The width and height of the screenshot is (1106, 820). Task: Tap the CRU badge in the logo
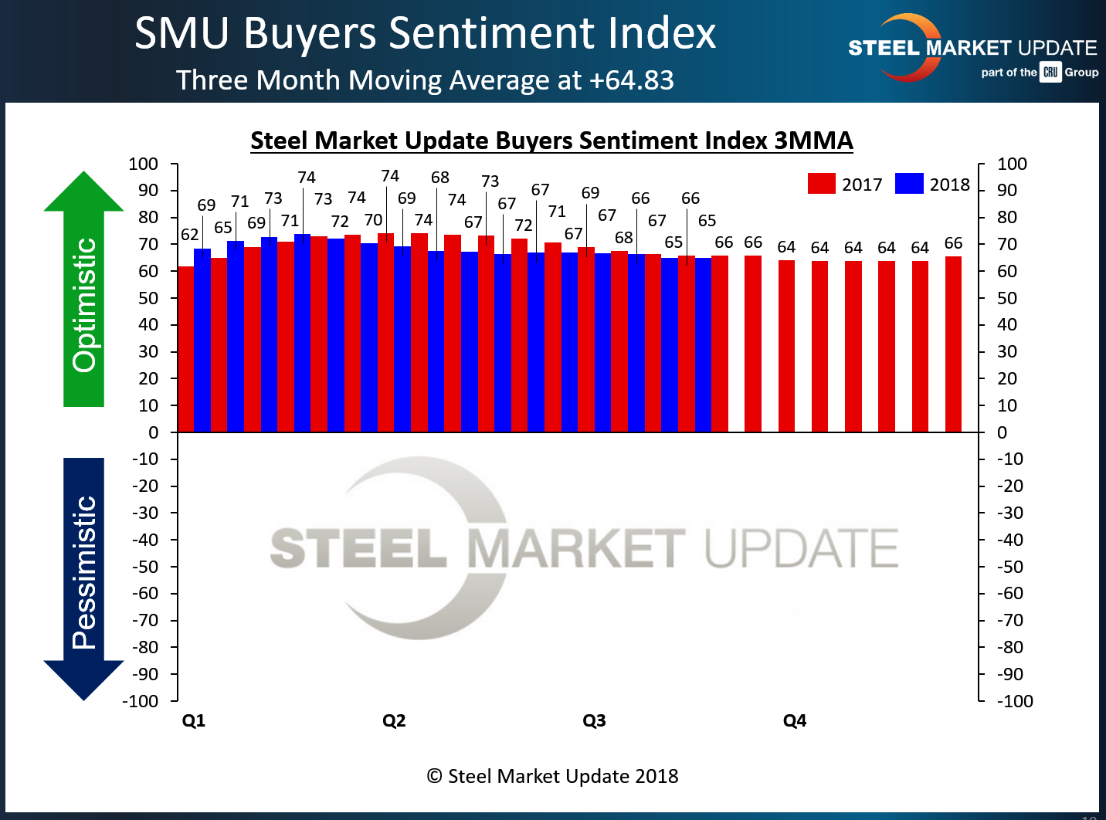[1050, 73]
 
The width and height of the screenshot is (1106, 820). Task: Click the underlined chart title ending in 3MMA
[551, 141]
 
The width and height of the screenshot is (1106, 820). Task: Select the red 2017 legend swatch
[821, 184]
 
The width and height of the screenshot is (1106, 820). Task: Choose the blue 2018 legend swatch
[909, 184]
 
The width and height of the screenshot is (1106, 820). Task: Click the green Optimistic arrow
[83, 293]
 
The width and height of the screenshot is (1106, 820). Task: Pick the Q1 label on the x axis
[193, 720]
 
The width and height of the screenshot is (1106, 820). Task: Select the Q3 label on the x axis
[594, 720]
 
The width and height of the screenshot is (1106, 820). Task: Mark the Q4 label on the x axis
[795, 720]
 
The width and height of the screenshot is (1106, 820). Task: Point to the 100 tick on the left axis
[144, 164]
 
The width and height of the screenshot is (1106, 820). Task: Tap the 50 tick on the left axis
[148, 298]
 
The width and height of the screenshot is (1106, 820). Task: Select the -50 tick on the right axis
[1009, 567]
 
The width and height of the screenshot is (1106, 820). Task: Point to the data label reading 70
[373, 220]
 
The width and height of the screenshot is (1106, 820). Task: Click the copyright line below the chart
[552, 776]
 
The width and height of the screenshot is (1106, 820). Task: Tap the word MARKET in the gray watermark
[576, 549]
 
